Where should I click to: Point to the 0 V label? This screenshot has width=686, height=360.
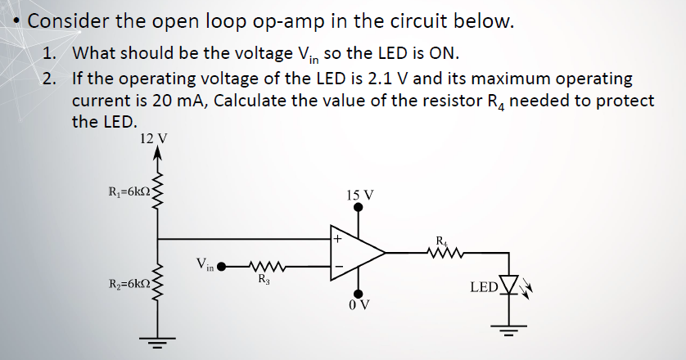click(358, 306)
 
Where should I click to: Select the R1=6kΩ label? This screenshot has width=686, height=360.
click(130, 193)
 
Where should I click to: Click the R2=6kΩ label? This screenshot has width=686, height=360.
click(130, 284)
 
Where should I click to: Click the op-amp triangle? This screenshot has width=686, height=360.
click(357, 253)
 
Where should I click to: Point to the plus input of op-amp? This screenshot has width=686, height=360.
click(337, 240)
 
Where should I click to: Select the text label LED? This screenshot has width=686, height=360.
click(484, 287)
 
